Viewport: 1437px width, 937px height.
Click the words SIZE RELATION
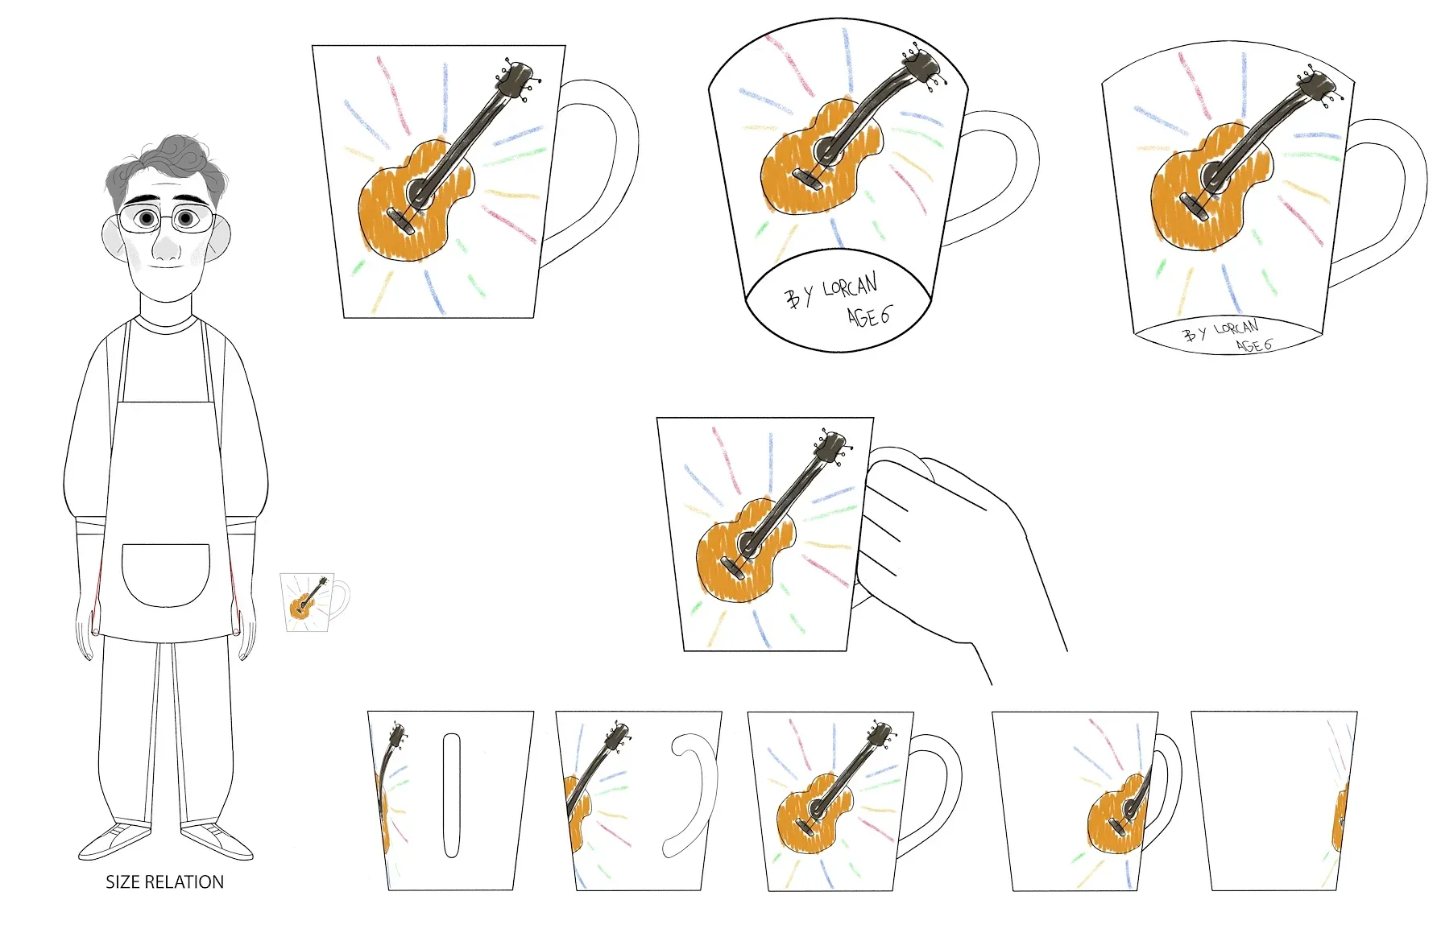(165, 882)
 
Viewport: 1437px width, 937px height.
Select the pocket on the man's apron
(165, 575)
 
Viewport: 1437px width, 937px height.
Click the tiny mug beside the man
(314, 601)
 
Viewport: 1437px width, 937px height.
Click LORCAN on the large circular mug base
(850, 290)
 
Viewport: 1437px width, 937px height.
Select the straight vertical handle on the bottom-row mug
(451, 795)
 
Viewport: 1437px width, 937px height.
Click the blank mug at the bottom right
(1274, 801)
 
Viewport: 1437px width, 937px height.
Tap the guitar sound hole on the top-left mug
(420, 192)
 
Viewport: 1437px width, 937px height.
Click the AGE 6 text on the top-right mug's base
(1254, 345)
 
